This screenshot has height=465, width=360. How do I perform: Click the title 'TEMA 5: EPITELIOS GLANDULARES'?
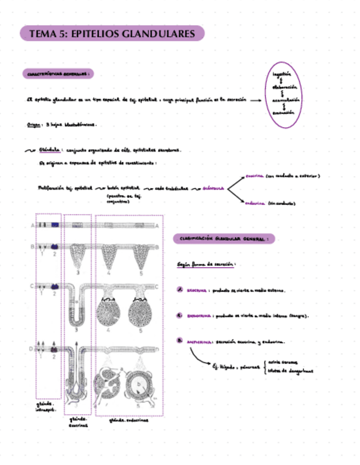[x=112, y=33]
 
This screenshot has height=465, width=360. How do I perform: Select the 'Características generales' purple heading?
[x=57, y=73]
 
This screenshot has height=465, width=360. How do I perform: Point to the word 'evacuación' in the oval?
[x=283, y=112]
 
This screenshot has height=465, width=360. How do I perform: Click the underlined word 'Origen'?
[x=34, y=124]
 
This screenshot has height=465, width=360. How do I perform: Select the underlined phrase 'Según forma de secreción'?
[x=206, y=264]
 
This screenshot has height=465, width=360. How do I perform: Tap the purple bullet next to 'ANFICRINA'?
[x=179, y=341]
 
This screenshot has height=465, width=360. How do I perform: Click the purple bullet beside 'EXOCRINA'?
[x=179, y=290]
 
